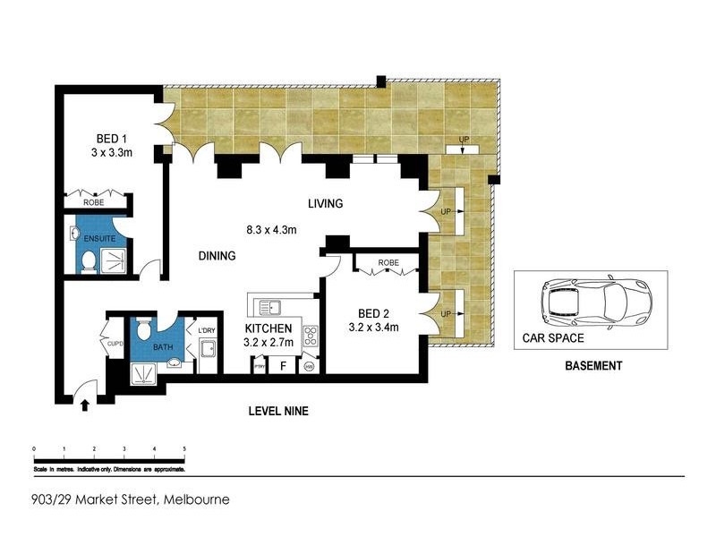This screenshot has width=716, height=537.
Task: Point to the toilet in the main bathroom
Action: (175, 362)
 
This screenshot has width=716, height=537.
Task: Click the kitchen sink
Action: (269, 309)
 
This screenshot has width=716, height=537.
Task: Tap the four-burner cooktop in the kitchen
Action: (311, 337)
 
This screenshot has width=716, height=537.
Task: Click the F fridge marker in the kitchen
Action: (284, 365)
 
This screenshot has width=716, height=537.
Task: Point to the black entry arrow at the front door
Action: (85, 405)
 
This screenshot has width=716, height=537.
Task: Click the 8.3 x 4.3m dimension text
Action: (271, 230)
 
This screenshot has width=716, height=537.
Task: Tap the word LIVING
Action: (325, 204)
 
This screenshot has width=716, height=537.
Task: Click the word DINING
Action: (216, 256)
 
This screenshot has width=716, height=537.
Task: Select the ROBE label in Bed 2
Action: (388, 263)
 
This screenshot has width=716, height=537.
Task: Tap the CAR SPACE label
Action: (553, 339)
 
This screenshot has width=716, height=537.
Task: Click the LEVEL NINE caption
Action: (278, 412)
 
